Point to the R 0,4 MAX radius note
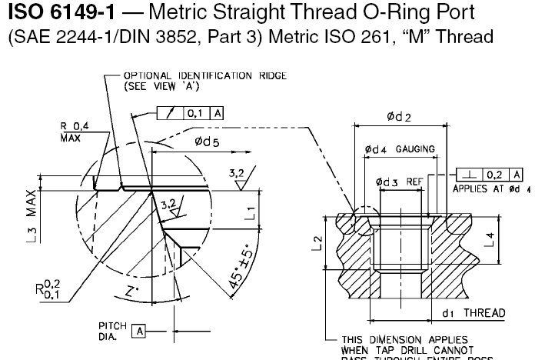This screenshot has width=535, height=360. [x=75, y=131]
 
